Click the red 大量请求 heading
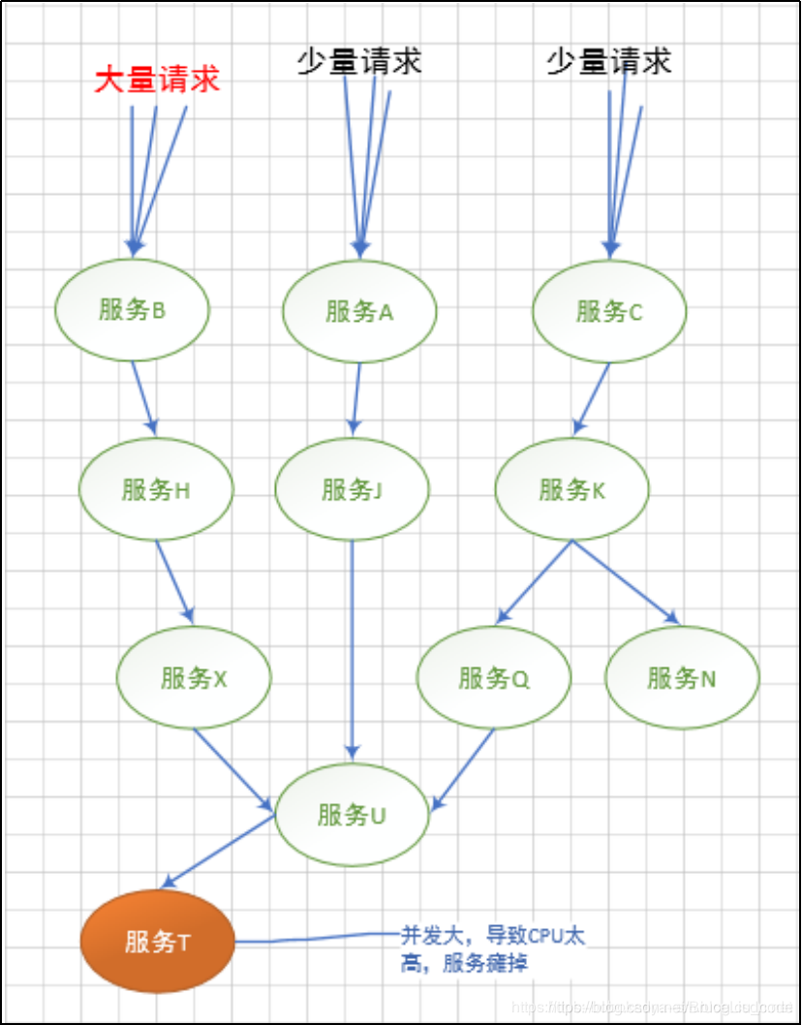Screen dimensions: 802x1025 pos(157,79)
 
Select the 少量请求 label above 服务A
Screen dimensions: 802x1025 pos(359,62)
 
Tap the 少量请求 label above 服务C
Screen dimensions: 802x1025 pos(608,62)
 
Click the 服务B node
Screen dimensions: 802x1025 pos(132,310)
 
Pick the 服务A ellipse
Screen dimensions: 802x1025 pos(359,312)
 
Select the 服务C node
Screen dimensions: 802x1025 pos(609,312)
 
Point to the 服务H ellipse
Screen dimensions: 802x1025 pos(156,490)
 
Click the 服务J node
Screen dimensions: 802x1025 pos(353,490)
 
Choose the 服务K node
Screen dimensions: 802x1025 pos(571,490)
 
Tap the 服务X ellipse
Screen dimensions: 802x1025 pos(194,678)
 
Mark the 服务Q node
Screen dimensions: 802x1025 pos(494,678)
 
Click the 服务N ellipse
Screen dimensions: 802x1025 pos(682,678)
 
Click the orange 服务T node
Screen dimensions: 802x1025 pos(157,941)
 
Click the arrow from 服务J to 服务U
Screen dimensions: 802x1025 pos(353,649)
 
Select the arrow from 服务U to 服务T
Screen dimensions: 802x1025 pos(219,851)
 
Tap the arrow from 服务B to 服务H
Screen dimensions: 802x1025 pos(144,397)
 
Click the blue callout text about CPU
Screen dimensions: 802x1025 pos(493,949)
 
